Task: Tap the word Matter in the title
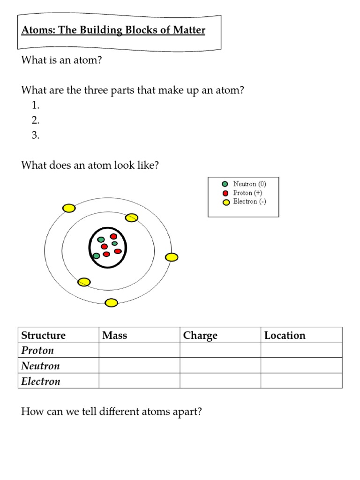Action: pos(188,31)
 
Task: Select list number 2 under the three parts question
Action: pos(36,120)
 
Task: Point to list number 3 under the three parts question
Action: pos(36,135)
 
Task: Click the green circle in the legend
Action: pos(226,184)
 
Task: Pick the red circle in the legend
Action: pos(226,193)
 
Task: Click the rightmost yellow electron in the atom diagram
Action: pos(172,257)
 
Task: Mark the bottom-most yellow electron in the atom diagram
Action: pos(111,303)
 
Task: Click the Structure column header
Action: pos(44,335)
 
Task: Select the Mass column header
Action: pos(115,335)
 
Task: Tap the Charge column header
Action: pos(201,335)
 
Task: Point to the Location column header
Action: pos(285,335)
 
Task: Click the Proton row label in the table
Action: pos(38,351)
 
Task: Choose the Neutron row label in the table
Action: pos(41,366)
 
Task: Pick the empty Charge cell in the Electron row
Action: pos(220,381)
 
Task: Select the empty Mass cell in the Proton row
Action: pos(139,351)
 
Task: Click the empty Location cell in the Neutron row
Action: pos(301,366)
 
